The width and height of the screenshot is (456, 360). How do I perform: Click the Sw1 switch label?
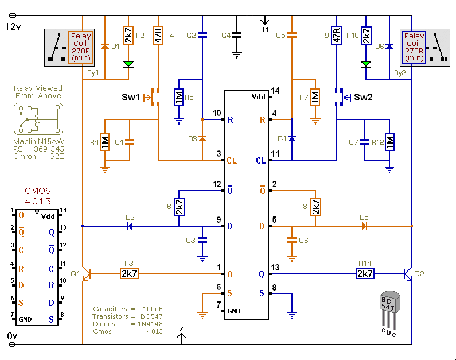click(x=130, y=97)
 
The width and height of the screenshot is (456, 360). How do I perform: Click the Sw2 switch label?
click(x=363, y=97)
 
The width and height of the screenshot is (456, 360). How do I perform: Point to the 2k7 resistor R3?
click(x=128, y=274)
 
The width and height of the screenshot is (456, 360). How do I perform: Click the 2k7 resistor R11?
click(x=365, y=274)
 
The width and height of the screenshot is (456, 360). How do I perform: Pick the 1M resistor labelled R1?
click(x=104, y=142)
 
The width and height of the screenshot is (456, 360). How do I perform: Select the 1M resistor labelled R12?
click(x=390, y=142)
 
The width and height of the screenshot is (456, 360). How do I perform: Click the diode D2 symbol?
click(x=130, y=226)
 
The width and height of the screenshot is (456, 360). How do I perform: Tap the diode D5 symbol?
click(x=364, y=226)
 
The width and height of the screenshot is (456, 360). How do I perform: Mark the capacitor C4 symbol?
click(x=237, y=36)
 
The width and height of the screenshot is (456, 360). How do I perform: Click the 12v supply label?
click(x=13, y=26)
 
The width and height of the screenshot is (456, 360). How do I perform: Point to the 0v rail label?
click(x=11, y=335)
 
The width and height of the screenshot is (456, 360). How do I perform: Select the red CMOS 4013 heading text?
click(x=37, y=196)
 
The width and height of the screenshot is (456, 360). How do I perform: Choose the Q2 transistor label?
click(x=419, y=274)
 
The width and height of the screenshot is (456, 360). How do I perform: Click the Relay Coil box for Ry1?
click(x=80, y=47)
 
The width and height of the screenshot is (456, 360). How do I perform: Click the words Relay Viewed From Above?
click(x=38, y=92)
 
